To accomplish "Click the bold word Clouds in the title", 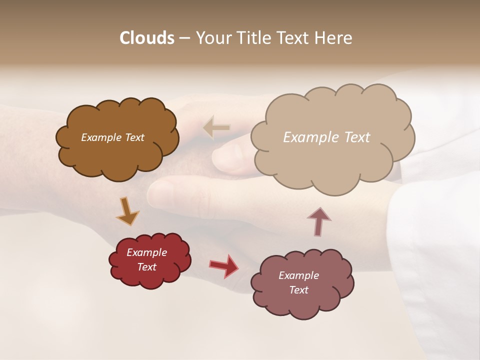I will tap(146, 38).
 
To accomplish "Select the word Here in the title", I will tap(334, 38).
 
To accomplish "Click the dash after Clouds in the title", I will tap(184, 38).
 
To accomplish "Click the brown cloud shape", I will tap(117, 155).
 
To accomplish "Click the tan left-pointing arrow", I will tap(216, 128).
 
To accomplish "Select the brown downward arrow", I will tap(127, 210).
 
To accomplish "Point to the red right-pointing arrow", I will tap(224, 266).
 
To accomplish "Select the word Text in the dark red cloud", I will tap(146, 267).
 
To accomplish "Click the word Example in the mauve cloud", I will tap(298, 275).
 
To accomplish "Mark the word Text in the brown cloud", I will tap(134, 137).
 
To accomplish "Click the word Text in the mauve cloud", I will tap(298, 290).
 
